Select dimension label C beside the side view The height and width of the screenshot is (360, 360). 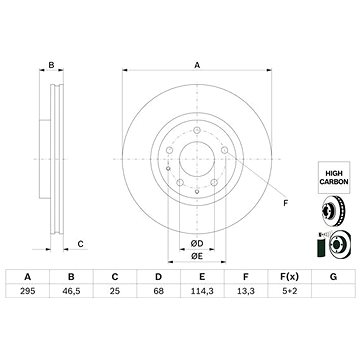click(79, 242)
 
